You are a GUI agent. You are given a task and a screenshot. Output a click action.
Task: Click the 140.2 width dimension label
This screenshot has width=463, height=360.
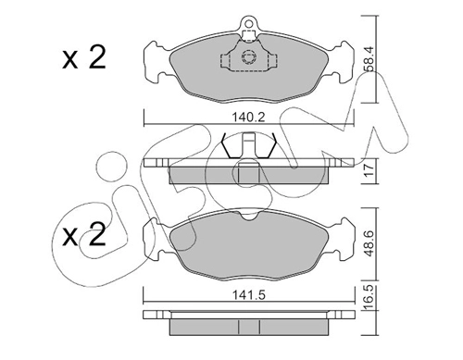click(248, 118)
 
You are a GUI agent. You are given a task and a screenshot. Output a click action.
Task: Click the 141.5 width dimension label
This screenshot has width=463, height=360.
click(249, 295)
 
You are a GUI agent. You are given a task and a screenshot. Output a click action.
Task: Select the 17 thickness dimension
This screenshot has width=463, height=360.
click(369, 170)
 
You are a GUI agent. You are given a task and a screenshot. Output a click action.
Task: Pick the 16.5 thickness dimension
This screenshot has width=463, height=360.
click(369, 298)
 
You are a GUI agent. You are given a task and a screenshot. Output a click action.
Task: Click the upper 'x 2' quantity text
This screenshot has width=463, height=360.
click(84, 57)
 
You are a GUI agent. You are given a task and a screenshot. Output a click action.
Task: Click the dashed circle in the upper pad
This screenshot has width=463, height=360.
click(248, 57)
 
